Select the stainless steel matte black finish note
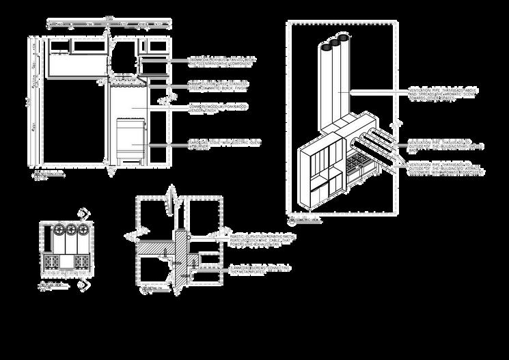pyautogui.click(x=218, y=85)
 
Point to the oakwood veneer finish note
pyautogui.click(x=218, y=109)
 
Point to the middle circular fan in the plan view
pyautogui.click(x=71, y=229)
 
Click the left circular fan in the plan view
pyautogui.click(x=59, y=229)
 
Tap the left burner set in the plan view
pyautogui.click(x=52, y=262)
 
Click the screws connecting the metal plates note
pyautogui.click(x=260, y=269)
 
